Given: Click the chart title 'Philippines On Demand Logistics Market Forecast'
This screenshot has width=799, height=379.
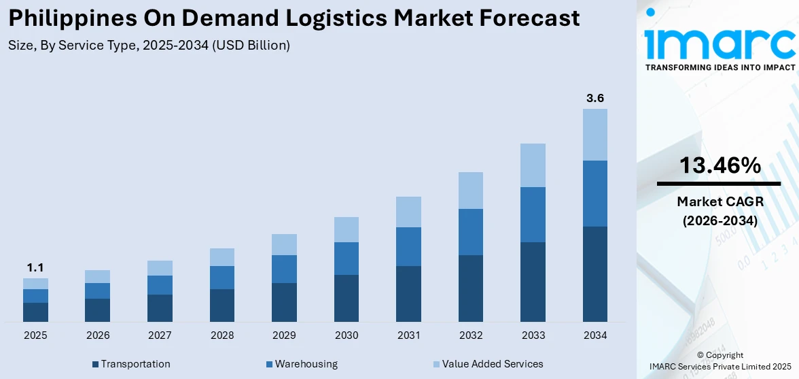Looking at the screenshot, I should pyautogui.click(x=294, y=18).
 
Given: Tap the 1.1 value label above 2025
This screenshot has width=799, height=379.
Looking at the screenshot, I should pyautogui.click(x=35, y=267).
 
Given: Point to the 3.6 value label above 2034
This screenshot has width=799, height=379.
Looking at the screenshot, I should pyautogui.click(x=595, y=98).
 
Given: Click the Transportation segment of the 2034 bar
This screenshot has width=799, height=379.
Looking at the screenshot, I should pyautogui.click(x=595, y=274).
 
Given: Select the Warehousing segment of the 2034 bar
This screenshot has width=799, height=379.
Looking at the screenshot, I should pyautogui.click(x=595, y=193).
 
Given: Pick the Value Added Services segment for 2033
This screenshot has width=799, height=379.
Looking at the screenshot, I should pyautogui.click(x=533, y=165).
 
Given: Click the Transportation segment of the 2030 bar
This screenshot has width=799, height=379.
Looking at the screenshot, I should pyautogui.click(x=347, y=298).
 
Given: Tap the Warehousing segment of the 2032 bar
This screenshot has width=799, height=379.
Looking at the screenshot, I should pyautogui.click(x=471, y=232).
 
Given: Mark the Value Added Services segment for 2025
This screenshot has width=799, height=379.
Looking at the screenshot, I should pyautogui.click(x=35, y=284).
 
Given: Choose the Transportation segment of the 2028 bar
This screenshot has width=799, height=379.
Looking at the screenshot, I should pyautogui.click(x=222, y=306).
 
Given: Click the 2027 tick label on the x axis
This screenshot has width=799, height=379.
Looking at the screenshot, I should pyautogui.click(x=160, y=335).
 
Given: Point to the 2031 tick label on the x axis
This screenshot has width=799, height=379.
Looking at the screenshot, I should pyautogui.click(x=408, y=335).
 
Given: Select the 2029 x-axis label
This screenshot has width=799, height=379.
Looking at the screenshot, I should pyautogui.click(x=284, y=335).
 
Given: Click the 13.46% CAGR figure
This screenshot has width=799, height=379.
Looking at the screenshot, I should pyautogui.click(x=720, y=165).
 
